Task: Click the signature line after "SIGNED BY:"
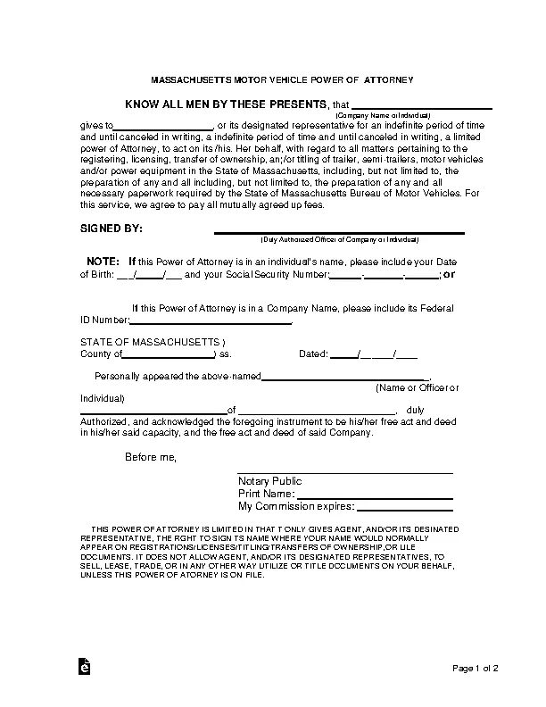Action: click(x=339, y=233)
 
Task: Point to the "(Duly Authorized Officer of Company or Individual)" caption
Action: click(x=339, y=240)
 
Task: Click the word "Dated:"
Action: click(x=313, y=353)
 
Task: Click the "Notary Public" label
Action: click(x=270, y=480)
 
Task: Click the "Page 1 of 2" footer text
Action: click(x=476, y=669)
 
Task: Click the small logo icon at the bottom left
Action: click(x=83, y=668)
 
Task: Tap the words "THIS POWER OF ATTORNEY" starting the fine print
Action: click(x=143, y=529)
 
